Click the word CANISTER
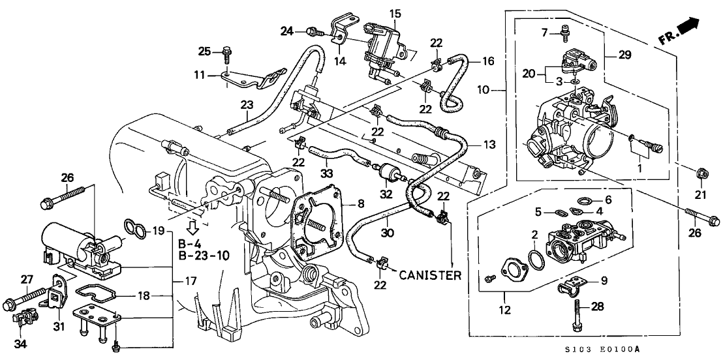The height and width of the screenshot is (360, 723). coord(431,275)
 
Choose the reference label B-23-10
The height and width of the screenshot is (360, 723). coord(203,256)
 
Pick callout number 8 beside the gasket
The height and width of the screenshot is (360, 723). coord(361,204)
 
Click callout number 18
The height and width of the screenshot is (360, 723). coord(142,295)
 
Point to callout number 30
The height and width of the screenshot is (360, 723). coord(387,232)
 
